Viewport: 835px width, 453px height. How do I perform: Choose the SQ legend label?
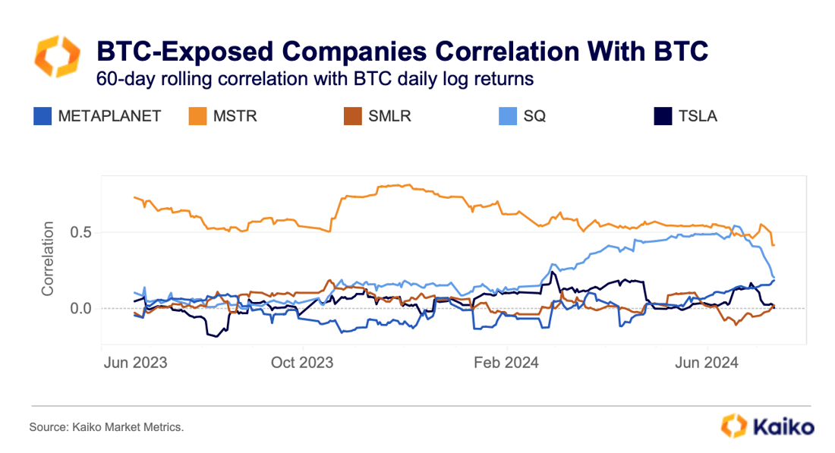coord(534,116)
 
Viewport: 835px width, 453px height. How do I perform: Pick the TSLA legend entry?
coord(695,116)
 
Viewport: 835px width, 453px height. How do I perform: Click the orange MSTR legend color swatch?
coord(197,116)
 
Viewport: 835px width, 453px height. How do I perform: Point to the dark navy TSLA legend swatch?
coord(663,116)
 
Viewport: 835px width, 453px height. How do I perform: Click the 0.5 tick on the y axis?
coord(81,232)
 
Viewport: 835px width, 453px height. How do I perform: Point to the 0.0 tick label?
coord(81,309)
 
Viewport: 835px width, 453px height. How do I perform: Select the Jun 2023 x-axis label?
coord(134,363)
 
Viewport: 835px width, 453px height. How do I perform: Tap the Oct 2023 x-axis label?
coord(302,363)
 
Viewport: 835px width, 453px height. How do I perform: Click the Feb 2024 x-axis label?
coord(506,363)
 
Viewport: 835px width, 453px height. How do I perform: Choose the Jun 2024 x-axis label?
coord(707,363)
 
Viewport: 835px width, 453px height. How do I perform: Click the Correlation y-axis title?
coord(48,259)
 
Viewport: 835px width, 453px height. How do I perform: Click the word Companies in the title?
coord(339,52)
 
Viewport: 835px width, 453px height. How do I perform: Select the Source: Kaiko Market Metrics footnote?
coord(106,428)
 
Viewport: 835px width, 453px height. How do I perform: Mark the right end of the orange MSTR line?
coord(773,245)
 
